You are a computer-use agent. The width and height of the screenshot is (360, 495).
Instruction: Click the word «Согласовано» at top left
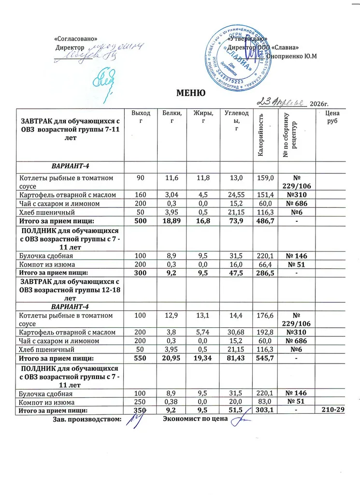[78, 38]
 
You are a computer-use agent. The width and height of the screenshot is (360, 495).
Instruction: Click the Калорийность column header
[260, 134]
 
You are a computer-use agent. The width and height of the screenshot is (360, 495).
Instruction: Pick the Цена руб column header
[331, 117]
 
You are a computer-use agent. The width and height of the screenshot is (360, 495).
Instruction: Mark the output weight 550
[141, 358]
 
